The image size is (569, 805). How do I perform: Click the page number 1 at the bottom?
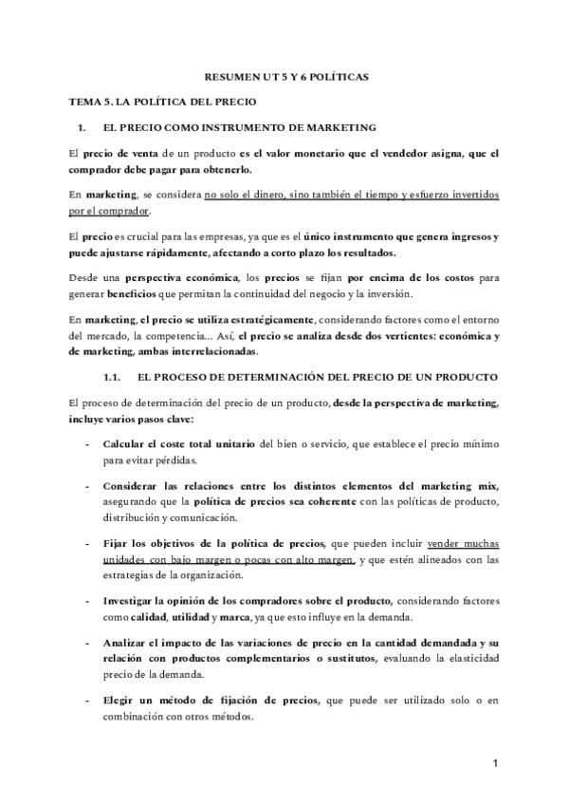497,762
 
